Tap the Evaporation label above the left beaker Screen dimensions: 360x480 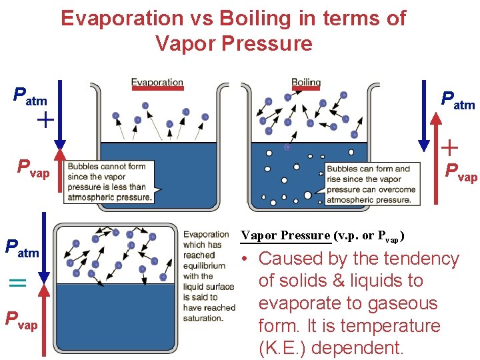coord(157,83)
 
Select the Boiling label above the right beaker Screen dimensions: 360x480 coord(306,83)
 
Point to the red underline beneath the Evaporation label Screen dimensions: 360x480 coord(157,88)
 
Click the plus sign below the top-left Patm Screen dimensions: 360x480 coord(45,121)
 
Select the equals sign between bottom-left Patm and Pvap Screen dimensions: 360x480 coord(17,283)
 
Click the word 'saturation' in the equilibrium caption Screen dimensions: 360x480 coord(203,318)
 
